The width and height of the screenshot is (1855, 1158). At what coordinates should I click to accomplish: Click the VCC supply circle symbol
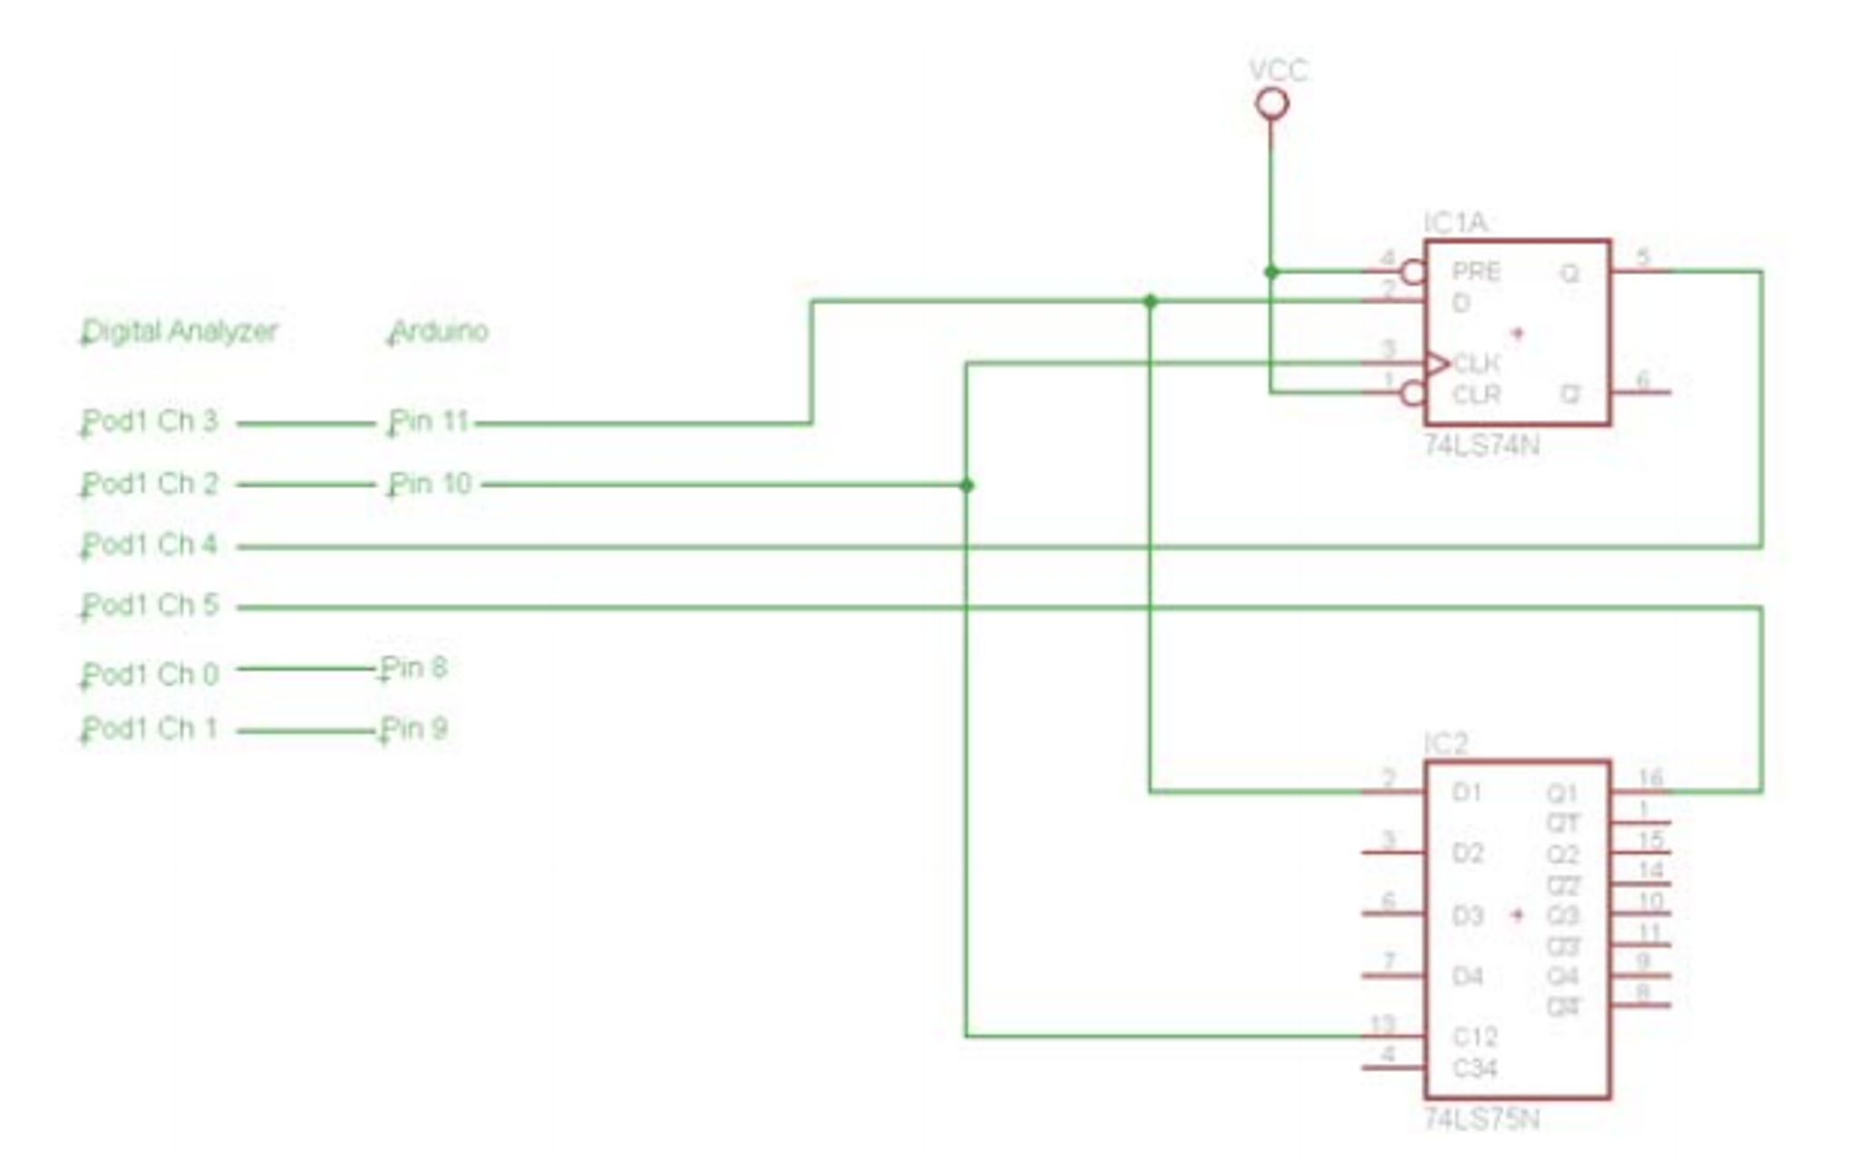click(x=1272, y=104)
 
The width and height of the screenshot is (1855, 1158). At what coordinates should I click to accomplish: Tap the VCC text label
click(x=1278, y=70)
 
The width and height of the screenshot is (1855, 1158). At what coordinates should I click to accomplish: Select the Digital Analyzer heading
click(x=180, y=332)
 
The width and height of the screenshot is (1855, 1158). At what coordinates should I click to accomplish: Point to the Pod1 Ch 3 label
click(x=151, y=422)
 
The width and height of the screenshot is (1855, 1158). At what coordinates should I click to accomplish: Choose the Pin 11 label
click(x=429, y=422)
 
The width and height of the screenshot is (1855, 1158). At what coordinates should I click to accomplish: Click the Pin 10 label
click(x=431, y=483)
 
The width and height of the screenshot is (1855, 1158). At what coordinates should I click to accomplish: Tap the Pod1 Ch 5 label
click(x=151, y=605)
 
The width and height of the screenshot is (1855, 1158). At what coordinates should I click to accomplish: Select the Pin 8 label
click(x=413, y=667)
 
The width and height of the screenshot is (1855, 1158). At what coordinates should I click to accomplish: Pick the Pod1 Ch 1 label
click(x=151, y=728)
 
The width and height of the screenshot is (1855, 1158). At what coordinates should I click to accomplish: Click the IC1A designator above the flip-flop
click(x=1455, y=222)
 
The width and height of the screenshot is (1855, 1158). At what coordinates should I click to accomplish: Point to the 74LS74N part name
click(x=1481, y=445)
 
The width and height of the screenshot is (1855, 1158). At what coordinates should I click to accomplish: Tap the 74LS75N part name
click(x=1481, y=1119)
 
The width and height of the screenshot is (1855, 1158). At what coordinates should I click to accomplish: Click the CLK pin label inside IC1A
click(x=1477, y=364)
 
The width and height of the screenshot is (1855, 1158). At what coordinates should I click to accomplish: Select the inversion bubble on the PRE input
click(x=1413, y=271)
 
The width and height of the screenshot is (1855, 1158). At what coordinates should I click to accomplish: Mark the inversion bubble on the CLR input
click(x=1413, y=394)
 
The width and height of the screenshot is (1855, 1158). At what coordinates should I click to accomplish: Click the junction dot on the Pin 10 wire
click(x=966, y=485)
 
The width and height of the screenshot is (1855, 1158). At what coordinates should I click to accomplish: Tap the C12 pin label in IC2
click(x=1475, y=1036)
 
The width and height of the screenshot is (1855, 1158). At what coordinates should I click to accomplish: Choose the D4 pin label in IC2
click(x=1468, y=976)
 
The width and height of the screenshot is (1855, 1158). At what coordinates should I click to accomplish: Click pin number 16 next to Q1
click(x=1651, y=777)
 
